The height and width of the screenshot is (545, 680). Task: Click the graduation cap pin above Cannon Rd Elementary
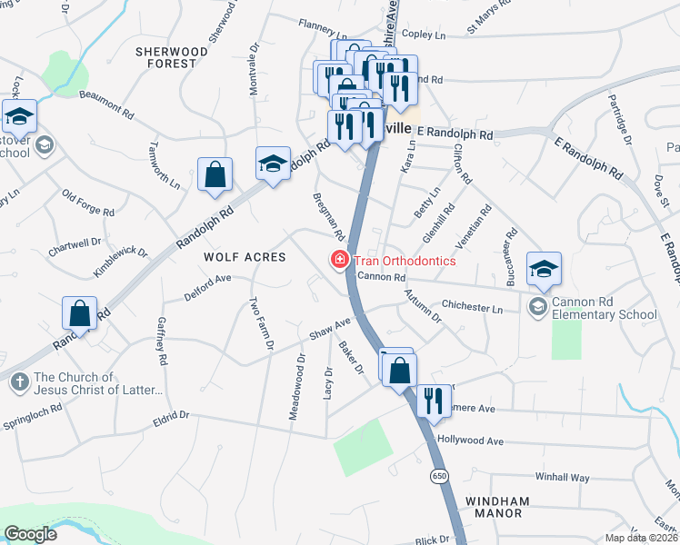[544, 268]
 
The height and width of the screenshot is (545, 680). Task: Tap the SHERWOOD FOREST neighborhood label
[165, 57]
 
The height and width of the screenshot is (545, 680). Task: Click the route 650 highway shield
[440, 475]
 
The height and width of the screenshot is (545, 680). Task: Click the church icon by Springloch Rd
[20, 382]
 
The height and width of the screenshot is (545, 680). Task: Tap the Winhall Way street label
[563, 477]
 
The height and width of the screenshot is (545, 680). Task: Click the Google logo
[31, 534]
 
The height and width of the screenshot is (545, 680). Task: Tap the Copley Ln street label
[423, 35]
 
